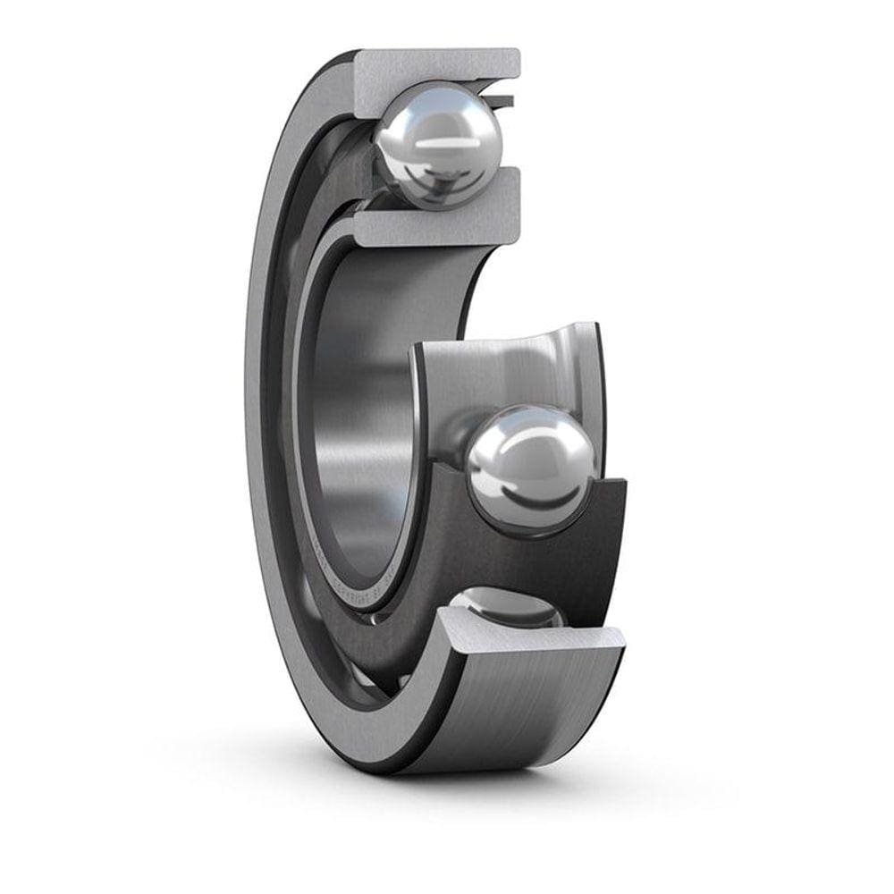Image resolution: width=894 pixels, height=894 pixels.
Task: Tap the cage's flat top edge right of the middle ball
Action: pyautogui.click(x=612, y=487)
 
